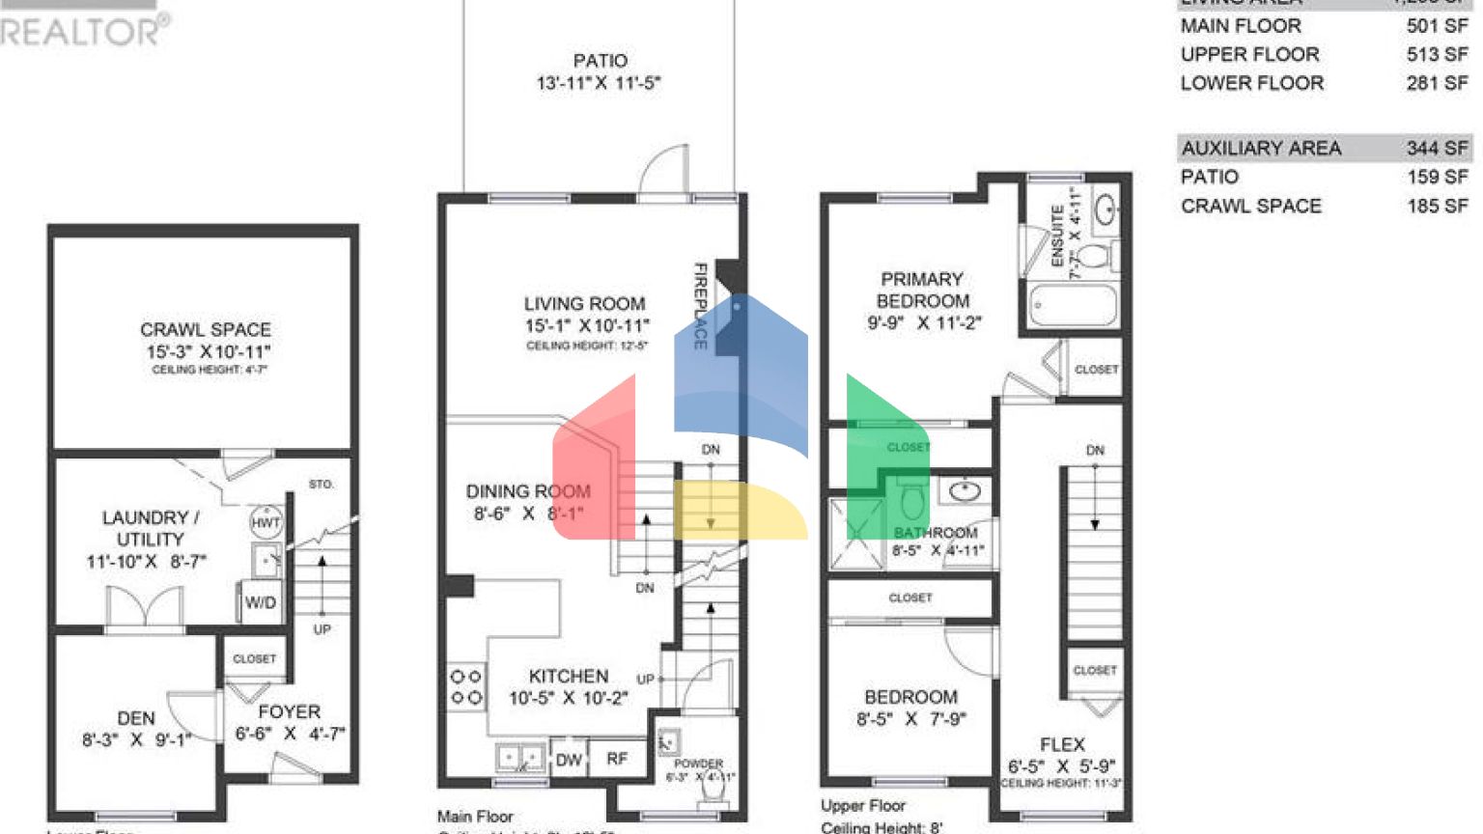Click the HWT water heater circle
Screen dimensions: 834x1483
[266, 522]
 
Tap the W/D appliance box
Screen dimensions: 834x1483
[260, 602]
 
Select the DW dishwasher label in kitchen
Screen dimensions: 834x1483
[569, 760]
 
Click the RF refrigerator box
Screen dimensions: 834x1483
[617, 759]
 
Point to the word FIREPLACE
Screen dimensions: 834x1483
[701, 306]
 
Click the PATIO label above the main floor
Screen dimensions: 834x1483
[600, 61]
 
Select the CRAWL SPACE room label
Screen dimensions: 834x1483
[206, 330]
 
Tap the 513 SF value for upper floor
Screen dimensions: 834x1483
[1436, 55]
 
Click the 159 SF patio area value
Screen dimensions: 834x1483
[1436, 177]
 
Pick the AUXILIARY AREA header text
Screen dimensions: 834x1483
[1261, 148]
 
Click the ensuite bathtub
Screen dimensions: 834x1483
[1072, 305]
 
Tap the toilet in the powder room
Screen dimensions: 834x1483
[714, 788]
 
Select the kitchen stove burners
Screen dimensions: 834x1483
[466, 686]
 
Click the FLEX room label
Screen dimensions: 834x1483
[1062, 744]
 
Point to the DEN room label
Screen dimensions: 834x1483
[136, 718]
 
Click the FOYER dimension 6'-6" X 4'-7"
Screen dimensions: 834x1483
[290, 734]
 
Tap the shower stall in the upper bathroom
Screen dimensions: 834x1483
[856, 533]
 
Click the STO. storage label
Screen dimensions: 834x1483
[321, 484]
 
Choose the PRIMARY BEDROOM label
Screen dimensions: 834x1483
[922, 290]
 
